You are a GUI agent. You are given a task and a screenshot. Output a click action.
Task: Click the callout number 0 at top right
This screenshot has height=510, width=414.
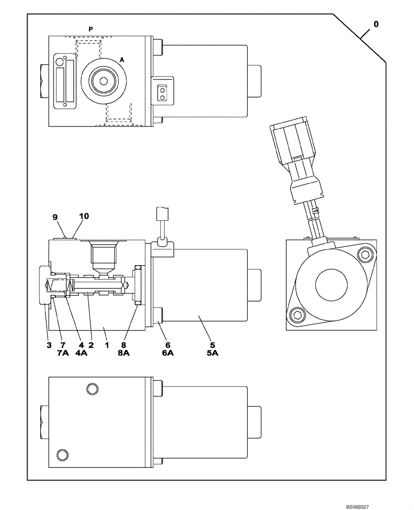click(x=376, y=23)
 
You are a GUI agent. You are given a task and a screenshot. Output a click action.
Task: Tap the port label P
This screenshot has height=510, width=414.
click(x=91, y=30)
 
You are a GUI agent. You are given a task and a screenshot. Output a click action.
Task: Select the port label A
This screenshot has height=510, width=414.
click(x=121, y=60)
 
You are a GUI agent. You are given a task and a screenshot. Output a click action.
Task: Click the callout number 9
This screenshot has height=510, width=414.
click(x=55, y=216)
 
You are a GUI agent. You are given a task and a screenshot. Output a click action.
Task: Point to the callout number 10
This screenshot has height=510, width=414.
click(x=84, y=216)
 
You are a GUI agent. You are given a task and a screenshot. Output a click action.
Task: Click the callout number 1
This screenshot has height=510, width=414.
click(x=107, y=345)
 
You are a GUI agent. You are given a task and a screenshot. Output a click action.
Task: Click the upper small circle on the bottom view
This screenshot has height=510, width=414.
click(x=92, y=389)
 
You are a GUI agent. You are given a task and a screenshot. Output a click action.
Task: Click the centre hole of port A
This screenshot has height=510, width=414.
click(x=104, y=81)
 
